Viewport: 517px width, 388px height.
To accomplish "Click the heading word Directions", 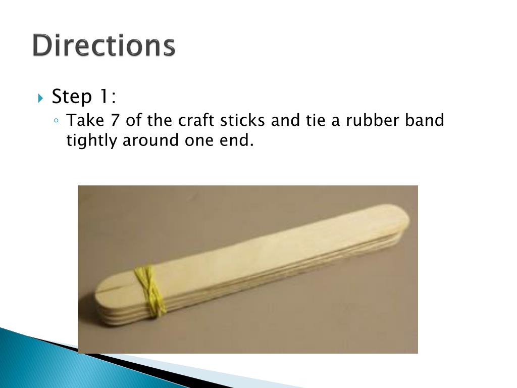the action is point(104,45).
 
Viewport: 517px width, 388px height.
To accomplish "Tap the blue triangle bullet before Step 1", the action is point(40,98).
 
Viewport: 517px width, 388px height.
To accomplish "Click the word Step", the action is point(72,96).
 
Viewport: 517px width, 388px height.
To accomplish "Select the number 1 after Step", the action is point(104,96).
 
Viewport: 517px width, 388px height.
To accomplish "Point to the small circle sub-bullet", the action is point(57,121).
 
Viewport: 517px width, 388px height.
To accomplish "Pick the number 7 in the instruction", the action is point(115,120).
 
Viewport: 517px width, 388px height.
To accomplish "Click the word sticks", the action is point(243,120).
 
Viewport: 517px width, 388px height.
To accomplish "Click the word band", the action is point(424,120).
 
